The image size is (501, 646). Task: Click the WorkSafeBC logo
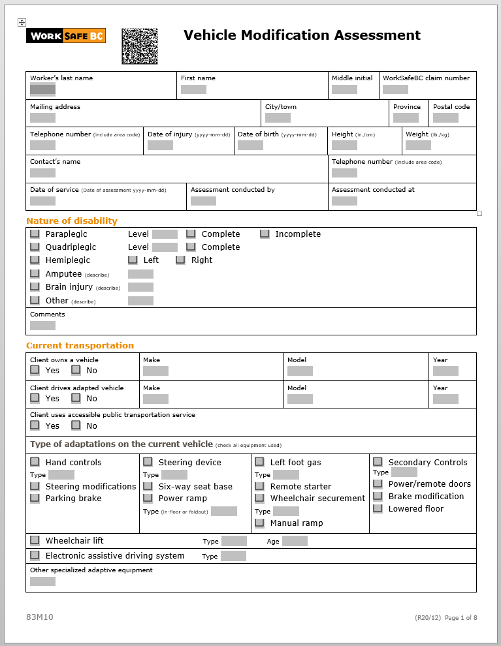pos(65,37)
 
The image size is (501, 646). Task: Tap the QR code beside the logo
pos(140,46)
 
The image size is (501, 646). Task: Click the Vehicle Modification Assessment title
pos(302,35)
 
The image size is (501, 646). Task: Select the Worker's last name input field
pos(42,89)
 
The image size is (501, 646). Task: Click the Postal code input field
pos(445,118)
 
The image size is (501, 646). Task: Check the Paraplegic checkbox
pos(35,234)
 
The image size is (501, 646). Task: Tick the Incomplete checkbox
pos(265,234)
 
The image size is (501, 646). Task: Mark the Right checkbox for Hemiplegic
pos(180,260)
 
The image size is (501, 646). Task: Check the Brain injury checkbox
pos(35,286)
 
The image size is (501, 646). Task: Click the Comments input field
pos(42,326)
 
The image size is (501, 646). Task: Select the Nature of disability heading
pos(72,221)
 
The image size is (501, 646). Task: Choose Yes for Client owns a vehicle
pos(35,370)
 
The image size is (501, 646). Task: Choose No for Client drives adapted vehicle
pos(76,398)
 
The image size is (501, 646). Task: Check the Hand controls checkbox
pos(35,462)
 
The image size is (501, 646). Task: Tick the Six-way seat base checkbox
pos(148,486)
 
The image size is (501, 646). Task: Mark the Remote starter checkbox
pos(259,486)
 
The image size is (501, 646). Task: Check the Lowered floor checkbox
pos(378,508)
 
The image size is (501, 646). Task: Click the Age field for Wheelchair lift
pos(295,541)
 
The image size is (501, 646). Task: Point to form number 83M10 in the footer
pos(40,617)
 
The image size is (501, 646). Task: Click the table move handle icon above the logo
pos(22,22)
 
